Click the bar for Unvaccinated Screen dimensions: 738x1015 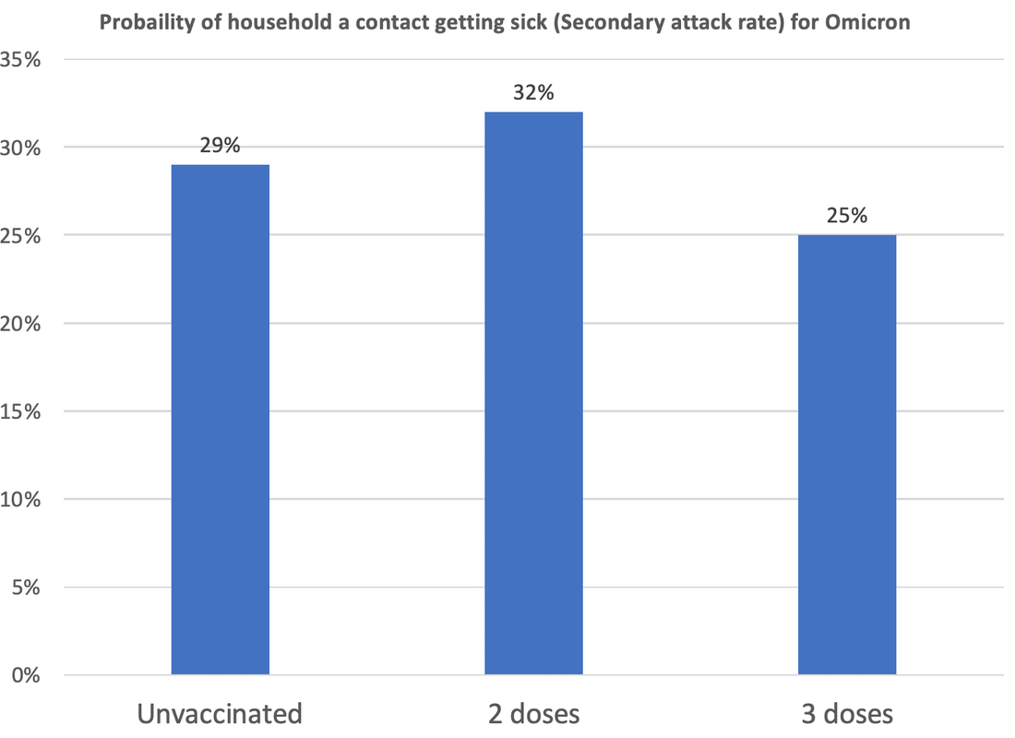[220, 420]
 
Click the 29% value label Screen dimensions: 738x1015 [220, 147]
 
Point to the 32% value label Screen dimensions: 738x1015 [533, 93]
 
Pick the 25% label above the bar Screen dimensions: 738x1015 [846, 217]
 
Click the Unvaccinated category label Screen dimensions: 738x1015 [220, 714]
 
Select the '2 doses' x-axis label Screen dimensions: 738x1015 [533, 714]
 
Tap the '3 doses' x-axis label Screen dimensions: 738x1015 [846, 714]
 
